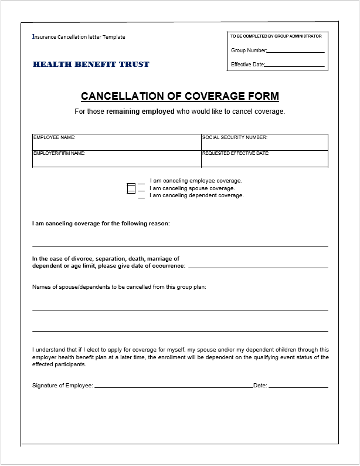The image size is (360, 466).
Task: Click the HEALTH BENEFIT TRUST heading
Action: [x=91, y=64]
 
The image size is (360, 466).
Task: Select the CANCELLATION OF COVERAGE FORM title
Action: [x=179, y=96]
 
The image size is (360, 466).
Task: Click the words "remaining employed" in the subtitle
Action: [x=140, y=112]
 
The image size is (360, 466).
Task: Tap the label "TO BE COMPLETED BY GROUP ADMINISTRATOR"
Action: [x=276, y=36]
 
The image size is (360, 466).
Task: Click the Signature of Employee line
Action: [x=173, y=387]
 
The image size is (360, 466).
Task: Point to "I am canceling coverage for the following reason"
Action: [x=101, y=224]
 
